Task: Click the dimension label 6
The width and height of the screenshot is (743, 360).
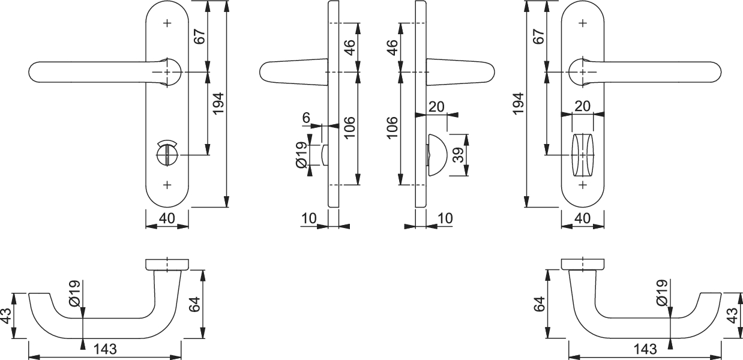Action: [x=306, y=118]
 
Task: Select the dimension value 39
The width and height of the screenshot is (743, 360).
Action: [x=458, y=155]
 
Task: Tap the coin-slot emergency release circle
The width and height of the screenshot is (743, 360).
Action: [x=167, y=155]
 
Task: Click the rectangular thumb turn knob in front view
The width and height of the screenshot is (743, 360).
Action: [x=583, y=155]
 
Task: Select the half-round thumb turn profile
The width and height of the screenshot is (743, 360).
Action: [x=438, y=155]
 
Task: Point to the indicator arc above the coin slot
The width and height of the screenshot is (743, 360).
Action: [x=167, y=143]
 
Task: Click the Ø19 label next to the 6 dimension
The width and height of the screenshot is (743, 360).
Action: [x=301, y=155]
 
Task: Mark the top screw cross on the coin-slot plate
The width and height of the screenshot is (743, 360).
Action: [x=167, y=23]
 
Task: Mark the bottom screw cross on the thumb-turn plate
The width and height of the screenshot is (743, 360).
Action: [x=583, y=185]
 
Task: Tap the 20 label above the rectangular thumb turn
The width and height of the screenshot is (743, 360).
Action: [x=583, y=106]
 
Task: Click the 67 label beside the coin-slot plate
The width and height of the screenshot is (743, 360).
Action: [x=200, y=37]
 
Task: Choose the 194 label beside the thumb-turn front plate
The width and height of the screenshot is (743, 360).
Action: [x=518, y=104]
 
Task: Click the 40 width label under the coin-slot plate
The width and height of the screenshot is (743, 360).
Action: [x=167, y=218]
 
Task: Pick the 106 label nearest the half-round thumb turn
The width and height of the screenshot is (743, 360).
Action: [x=392, y=128]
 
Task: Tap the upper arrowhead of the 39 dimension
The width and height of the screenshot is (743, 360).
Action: [x=466, y=139]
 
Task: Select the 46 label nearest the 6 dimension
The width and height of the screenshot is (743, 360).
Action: [x=350, y=47]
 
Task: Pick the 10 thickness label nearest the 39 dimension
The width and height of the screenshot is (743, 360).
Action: [x=445, y=218]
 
